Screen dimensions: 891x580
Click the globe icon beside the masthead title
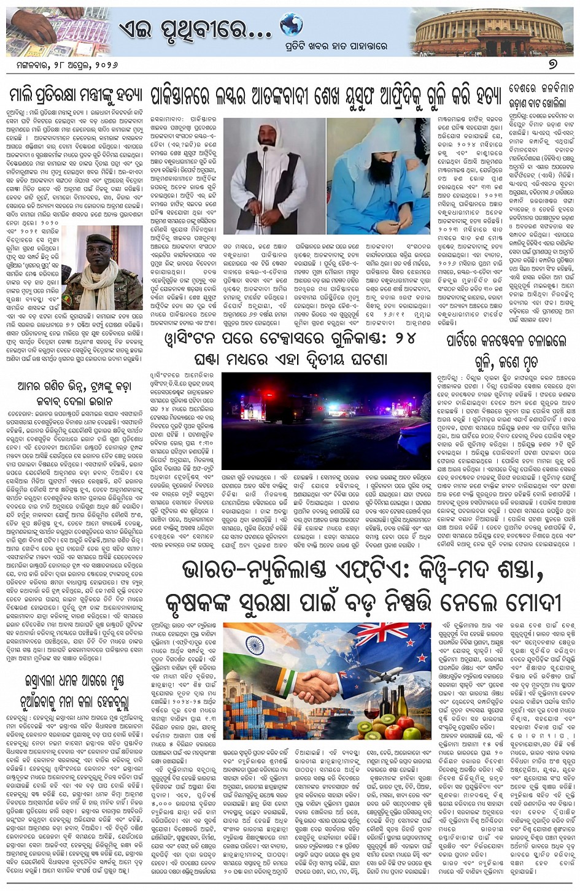coord(291,25)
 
